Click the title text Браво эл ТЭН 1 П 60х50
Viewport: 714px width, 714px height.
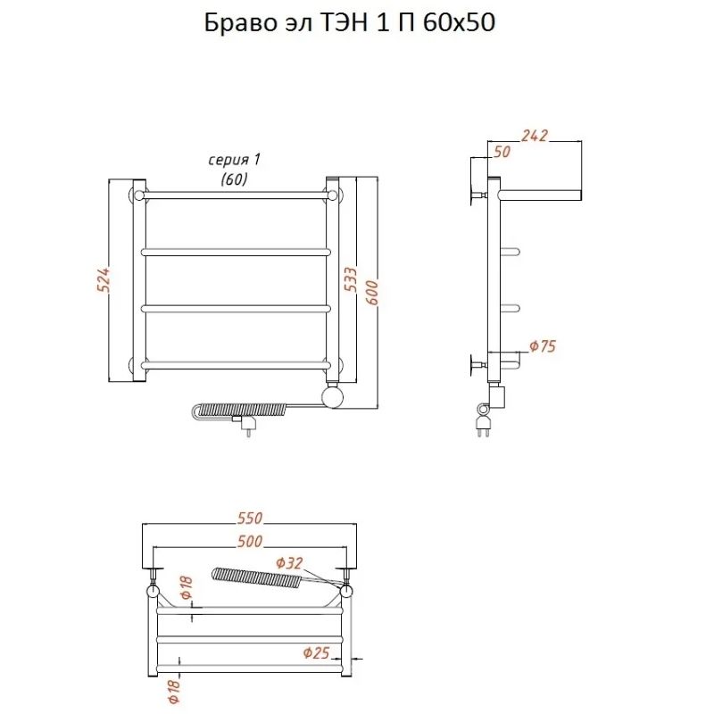click(x=349, y=23)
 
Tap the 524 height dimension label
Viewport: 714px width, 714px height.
click(x=104, y=279)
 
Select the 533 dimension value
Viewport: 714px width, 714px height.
click(x=351, y=279)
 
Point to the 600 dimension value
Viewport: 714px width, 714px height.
click(x=371, y=293)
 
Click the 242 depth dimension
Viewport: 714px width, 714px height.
click(x=535, y=136)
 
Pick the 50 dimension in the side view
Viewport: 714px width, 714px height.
click(x=502, y=152)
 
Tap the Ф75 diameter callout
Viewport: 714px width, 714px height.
click(x=543, y=346)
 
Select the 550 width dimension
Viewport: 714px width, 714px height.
click(x=250, y=519)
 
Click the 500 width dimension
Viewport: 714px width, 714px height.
click(x=250, y=542)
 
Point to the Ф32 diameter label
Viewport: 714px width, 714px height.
click(x=289, y=563)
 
